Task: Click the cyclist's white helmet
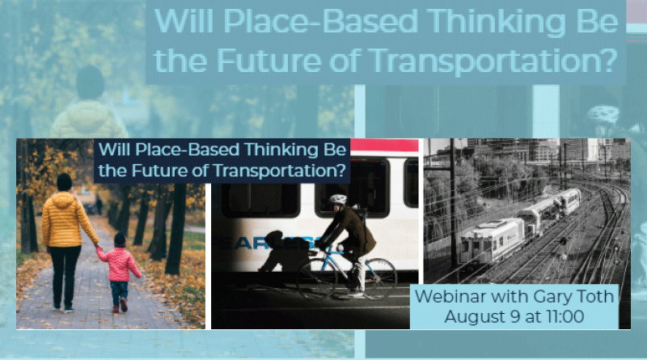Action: tap(337, 200)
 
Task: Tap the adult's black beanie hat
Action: tap(65, 182)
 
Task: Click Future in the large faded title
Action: tap(269, 61)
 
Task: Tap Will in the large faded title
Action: tap(184, 21)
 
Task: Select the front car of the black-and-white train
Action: tap(492, 239)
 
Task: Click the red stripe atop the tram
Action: tap(384, 145)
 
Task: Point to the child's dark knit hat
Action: tap(120, 239)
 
